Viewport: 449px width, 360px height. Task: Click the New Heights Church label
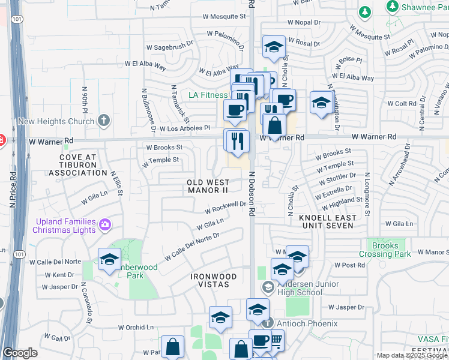(56, 121)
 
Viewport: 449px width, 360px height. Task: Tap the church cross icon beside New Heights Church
(103, 121)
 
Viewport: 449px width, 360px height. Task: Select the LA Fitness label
(208, 95)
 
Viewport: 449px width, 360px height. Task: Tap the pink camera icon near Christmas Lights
(106, 225)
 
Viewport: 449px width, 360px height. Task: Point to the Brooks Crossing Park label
(385, 250)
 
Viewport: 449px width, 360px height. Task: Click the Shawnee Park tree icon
(393, 7)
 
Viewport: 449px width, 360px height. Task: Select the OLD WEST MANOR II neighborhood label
(208, 186)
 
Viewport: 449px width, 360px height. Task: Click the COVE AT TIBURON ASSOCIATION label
(79, 165)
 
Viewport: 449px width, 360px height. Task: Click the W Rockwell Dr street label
(226, 208)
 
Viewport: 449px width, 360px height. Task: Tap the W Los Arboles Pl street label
(180, 128)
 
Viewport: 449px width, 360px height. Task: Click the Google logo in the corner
(20, 353)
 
